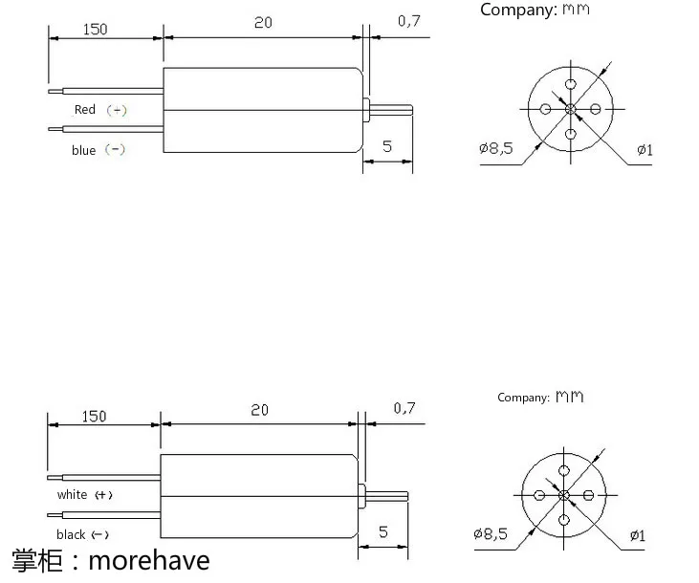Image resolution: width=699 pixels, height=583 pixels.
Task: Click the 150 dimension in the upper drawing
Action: [x=95, y=30]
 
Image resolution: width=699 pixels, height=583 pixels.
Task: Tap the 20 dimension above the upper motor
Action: [x=263, y=22]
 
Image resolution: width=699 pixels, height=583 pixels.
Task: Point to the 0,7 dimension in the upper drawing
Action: [x=409, y=21]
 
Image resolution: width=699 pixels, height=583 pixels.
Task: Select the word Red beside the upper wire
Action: [x=85, y=109]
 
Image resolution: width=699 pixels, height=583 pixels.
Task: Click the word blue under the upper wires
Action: [x=84, y=150]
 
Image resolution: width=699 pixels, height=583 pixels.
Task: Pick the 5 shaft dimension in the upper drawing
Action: [x=387, y=146]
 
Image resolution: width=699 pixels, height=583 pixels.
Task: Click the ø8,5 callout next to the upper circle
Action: [x=496, y=148]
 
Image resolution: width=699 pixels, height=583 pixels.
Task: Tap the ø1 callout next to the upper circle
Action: [x=644, y=150]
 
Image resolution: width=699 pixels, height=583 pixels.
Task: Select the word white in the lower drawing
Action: [x=72, y=494]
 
